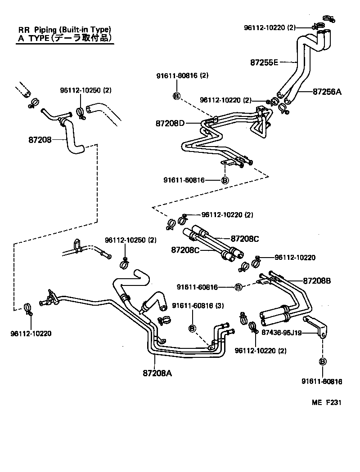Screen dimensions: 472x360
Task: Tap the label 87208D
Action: (x=170, y=123)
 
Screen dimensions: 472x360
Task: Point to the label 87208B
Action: (x=317, y=281)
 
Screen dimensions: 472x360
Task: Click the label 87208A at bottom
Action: (x=157, y=373)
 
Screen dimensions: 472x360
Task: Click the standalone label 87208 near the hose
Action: (x=41, y=140)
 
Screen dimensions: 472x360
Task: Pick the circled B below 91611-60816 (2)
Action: (x=176, y=95)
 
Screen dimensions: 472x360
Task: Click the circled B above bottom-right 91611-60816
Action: (x=323, y=361)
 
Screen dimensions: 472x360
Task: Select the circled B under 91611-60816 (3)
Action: (x=192, y=328)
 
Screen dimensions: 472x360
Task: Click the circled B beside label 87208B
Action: (x=238, y=287)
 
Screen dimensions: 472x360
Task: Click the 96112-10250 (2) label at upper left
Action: (x=85, y=90)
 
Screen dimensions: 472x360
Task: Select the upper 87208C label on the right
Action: (x=245, y=238)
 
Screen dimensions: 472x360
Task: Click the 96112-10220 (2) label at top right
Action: (x=270, y=27)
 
